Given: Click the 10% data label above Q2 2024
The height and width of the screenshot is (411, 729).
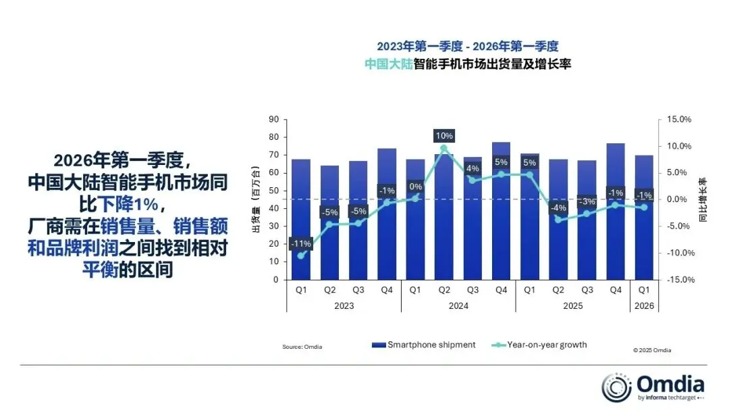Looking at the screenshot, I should coord(443,136).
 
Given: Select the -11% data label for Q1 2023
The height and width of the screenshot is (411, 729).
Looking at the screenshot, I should coord(300,243).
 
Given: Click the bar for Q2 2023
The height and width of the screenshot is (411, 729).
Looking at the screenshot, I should coord(329,222).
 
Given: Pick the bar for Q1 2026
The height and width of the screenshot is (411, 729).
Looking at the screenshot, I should coord(643,217).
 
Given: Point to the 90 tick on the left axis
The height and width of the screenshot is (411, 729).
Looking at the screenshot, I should coord(273,120).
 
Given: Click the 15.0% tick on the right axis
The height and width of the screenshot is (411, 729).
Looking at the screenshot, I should coord(679,120).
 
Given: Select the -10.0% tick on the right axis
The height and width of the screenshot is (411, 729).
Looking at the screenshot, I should coord(678,253).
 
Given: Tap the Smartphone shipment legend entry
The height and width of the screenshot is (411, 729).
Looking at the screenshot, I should coord(424,345).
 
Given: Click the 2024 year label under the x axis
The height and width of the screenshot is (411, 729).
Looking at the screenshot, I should coord(458,306).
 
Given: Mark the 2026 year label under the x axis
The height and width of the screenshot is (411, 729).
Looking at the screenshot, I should coord(644,306).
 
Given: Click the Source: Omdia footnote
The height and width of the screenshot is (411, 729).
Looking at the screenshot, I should coord(302,347).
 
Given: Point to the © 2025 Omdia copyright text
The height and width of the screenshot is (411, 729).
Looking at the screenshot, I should coord(652,350).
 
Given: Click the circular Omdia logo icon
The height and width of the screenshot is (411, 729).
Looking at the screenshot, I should coord(616,387).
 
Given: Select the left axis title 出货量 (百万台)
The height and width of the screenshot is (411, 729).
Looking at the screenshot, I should coord(256,199).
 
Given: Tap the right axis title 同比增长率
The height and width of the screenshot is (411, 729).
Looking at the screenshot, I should coord(703,199).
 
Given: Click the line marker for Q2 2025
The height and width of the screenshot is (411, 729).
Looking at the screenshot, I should coord(558,219).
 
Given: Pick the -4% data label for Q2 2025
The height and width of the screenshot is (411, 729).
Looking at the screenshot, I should coord(558,208).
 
